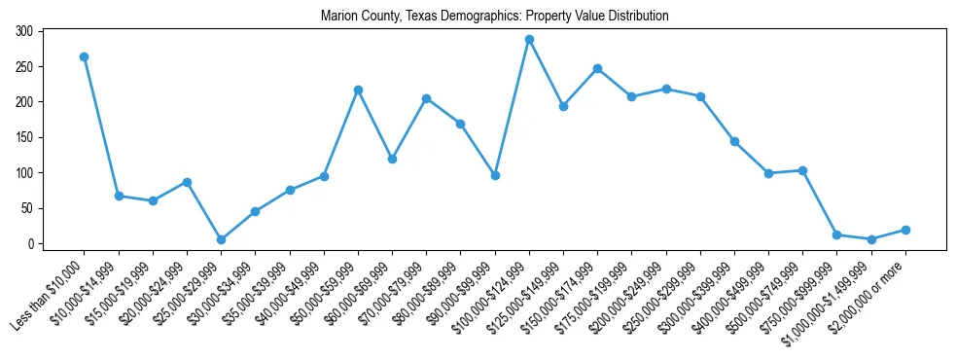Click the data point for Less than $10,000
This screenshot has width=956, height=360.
(x=85, y=56)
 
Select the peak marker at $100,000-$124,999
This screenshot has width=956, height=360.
(x=529, y=39)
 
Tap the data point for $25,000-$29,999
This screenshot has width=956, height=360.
(x=221, y=239)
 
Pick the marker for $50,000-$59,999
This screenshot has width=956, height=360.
(x=358, y=90)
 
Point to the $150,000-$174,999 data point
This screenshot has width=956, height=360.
(x=597, y=68)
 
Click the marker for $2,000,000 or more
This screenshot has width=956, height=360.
(x=905, y=230)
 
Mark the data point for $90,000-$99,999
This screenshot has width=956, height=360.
(x=495, y=175)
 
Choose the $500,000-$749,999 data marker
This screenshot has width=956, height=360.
(x=802, y=170)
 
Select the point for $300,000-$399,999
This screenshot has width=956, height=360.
(x=734, y=141)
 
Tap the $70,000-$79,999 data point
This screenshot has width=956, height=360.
(x=426, y=98)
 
